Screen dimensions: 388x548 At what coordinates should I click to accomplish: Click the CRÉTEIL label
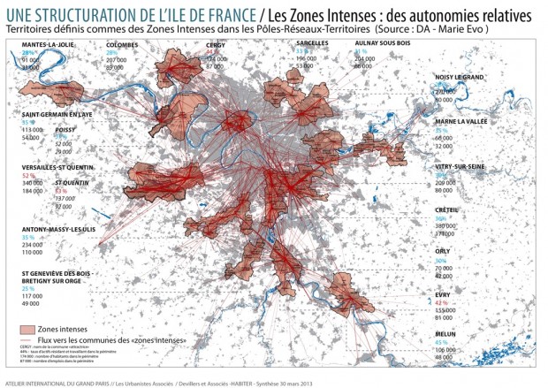(447, 209)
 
